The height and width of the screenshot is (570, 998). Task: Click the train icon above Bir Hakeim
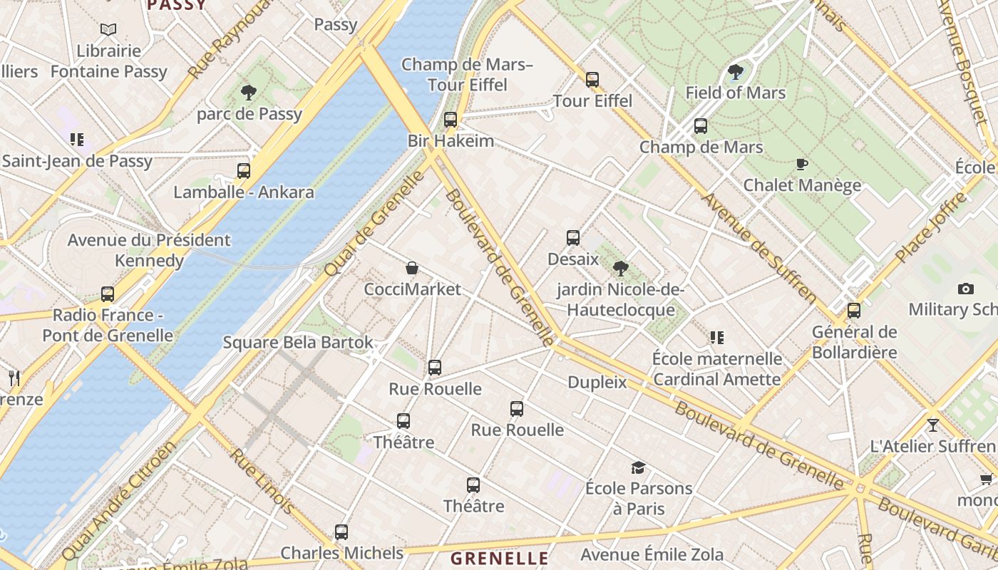450,120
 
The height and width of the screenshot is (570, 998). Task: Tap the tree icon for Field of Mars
735,72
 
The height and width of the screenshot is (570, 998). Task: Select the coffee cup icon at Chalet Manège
802,165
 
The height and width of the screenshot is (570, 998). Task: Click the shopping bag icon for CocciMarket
412,269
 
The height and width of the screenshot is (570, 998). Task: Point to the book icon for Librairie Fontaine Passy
108,30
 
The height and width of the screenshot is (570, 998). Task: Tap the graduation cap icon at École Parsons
638,468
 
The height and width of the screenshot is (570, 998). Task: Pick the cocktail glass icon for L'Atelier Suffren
932,425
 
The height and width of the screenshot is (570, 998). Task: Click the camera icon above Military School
966,289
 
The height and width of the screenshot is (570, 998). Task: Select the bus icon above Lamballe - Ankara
244,171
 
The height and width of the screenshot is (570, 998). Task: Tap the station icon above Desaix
573,238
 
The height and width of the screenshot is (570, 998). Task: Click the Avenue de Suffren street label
759,247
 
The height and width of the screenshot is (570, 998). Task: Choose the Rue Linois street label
261,481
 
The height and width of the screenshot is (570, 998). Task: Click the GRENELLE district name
499,558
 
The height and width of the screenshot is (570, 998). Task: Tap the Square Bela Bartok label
298,343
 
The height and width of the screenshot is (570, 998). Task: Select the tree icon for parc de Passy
248,92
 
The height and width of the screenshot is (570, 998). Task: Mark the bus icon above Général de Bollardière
853,311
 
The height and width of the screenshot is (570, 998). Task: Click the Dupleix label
597,383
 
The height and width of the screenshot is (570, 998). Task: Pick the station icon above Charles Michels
341,532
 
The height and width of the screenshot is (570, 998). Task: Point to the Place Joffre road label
931,227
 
